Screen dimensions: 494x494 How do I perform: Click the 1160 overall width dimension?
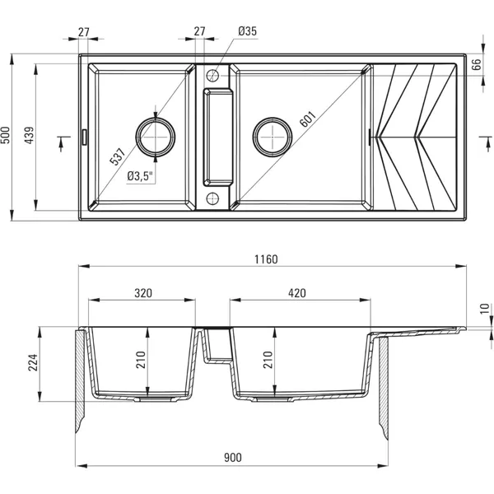[266, 259]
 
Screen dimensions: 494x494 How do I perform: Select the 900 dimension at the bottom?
[233, 458]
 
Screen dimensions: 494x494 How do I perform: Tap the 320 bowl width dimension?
[143, 293]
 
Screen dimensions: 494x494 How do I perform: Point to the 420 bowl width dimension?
[296, 293]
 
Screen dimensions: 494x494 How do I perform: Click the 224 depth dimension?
[34, 362]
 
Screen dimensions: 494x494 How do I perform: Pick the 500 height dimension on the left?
[6, 136]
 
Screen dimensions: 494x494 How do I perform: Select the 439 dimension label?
[30, 136]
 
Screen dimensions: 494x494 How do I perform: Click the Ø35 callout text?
[247, 31]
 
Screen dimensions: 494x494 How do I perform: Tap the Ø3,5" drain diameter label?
[141, 176]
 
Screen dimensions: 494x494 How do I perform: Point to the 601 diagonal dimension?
[308, 119]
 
